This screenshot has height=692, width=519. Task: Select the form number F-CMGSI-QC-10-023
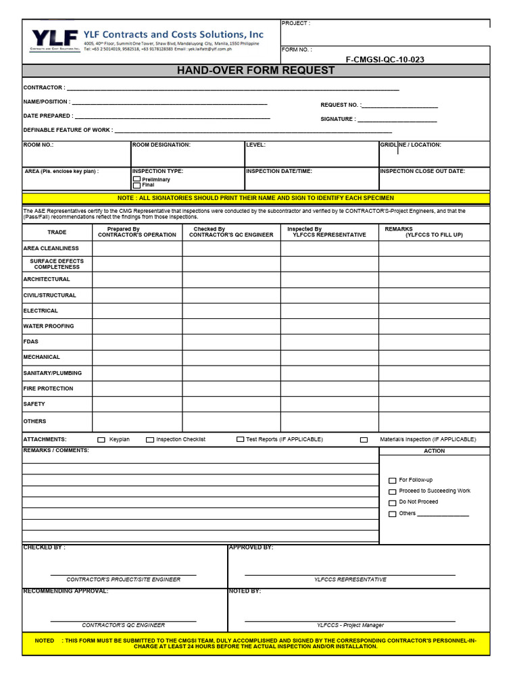pos(385,59)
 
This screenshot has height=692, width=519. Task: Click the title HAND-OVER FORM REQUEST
pos(255,70)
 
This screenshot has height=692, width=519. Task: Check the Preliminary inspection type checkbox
pos(137,179)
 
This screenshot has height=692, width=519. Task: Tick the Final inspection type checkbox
pos(137,185)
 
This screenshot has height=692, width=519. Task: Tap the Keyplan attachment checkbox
pos(101,439)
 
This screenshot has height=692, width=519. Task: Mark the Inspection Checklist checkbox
pos(150,439)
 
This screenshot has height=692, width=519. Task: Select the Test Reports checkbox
pos(240,439)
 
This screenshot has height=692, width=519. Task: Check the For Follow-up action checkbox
pos(393,480)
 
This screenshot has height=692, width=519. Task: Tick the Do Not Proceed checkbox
pos(393,503)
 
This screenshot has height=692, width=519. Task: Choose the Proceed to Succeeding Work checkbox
pos(393,491)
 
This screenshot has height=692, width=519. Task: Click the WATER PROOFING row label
pos(49,326)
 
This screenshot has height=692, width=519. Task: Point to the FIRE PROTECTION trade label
pos(48,389)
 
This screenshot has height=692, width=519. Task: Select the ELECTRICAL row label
pos(41,311)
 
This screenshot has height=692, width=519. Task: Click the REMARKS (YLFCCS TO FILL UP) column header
pos(433,232)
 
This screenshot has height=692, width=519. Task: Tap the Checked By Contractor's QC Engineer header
pos(231,232)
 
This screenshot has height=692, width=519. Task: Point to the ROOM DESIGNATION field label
pos(162,145)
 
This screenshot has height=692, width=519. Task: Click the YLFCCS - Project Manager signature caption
pos(350,625)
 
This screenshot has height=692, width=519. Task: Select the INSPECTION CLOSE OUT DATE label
pos(422,171)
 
